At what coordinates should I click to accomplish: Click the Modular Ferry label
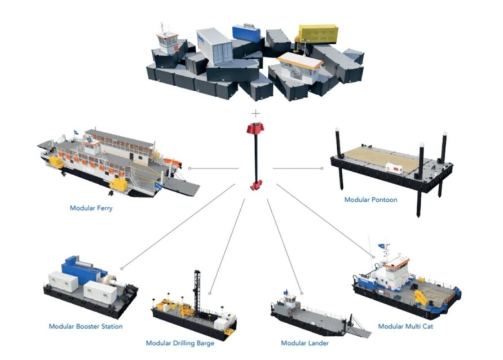(x=91, y=208)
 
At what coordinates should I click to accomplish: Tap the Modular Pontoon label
(x=370, y=199)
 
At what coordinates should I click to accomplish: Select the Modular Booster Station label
(x=86, y=326)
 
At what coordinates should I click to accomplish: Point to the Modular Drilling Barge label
(x=180, y=343)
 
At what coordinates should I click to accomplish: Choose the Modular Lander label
(x=305, y=343)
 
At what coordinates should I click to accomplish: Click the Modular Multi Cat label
(x=405, y=326)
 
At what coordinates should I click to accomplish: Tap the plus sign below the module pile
(x=255, y=113)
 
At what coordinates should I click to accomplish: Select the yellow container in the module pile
(x=318, y=34)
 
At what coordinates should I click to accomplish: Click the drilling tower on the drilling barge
(x=197, y=291)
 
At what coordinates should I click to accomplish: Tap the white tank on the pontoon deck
(x=394, y=167)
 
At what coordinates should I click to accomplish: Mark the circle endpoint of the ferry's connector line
(x=189, y=168)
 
